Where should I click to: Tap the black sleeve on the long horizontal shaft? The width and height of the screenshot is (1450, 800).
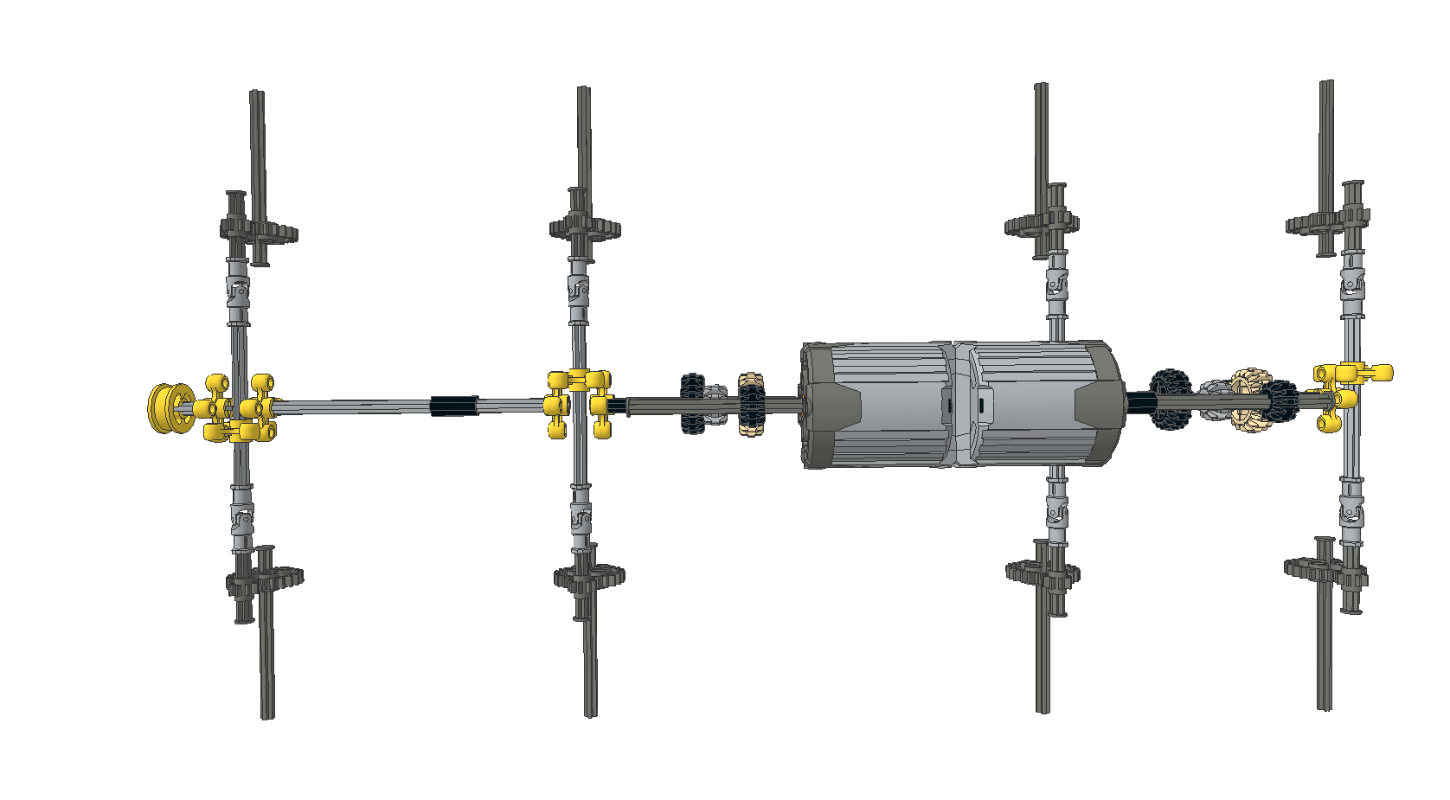pyautogui.click(x=453, y=405)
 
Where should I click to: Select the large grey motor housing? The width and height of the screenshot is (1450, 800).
pyautogui.click(x=960, y=405)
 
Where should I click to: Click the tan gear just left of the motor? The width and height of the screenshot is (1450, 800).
pyautogui.click(x=751, y=405)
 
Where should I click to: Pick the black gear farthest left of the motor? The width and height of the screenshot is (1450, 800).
pyautogui.click(x=692, y=403)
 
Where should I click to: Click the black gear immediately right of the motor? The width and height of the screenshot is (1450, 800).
pyautogui.click(x=1170, y=399)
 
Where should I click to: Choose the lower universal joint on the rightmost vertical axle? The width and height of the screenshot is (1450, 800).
pyautogui.click(x=1351, y=510)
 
